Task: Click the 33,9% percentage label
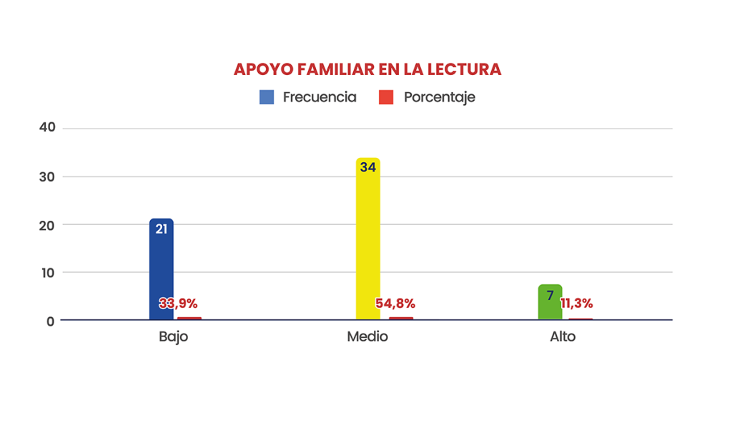pyautogui.click(x=178, y=304)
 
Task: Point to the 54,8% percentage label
pyautogui.click(x=395, y=304)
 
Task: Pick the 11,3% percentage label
pyautogui.click(x=576, y=304)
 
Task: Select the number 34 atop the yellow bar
pyautogui.click(x=367, y=167)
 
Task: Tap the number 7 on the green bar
pyautogui.click(x=550, y=294)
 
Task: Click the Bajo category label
pyautogui.click(x=173, y=336)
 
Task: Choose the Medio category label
pyautogui.click(x=367, y=336)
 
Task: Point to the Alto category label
pyautogui.click(x=563, y=336)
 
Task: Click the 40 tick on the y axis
pyautogui.click(x=48, y=128)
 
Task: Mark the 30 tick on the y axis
pyautogui.click(x=48, y=176)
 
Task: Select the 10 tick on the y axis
pyautogui.click(x=48, y=273)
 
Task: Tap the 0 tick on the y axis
pyautogui.click(x=51, y=321)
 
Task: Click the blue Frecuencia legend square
pyautogui.click(x=267, y=98)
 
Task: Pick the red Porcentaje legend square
pyautogui.click(x=386, y=98)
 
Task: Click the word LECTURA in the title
pyautogui.click(x=464, y=70)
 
